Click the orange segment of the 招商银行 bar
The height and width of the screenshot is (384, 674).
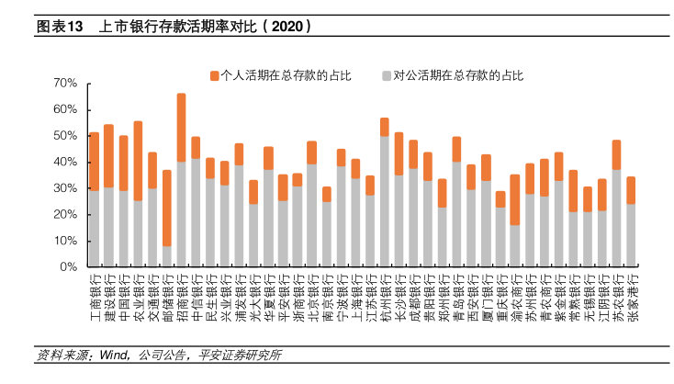(182, 127)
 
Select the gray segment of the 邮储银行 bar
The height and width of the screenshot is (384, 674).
(167, 256)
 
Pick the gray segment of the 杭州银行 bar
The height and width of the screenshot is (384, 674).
(384, 201)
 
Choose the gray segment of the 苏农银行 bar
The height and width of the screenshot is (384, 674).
(616, 218)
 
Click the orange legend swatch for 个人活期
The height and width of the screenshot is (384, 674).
(215, 73)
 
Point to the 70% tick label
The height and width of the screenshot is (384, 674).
(64, 83)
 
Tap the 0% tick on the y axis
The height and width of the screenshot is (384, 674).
(68, 267)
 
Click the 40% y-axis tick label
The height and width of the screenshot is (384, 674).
(64, 162)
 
